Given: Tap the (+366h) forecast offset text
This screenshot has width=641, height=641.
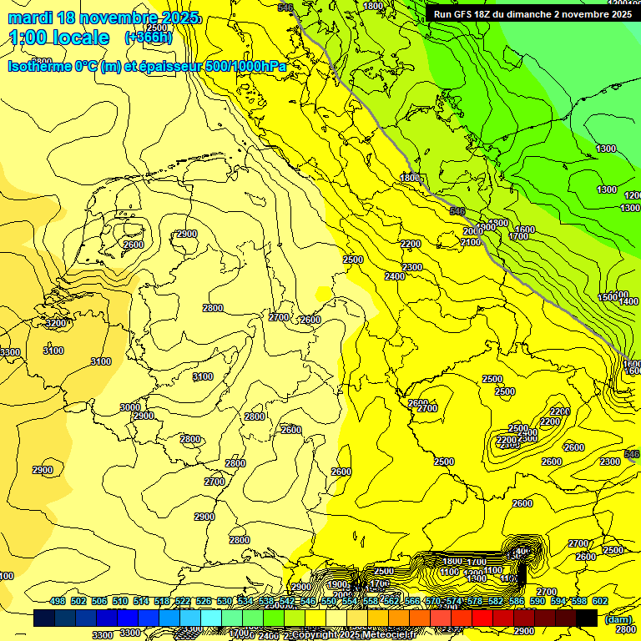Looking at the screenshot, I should (149, 38).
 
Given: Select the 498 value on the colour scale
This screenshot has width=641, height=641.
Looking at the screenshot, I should (58, 601).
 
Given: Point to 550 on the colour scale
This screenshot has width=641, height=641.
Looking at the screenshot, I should (328, 601).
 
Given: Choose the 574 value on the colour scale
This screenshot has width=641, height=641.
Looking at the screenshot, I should (453, 601).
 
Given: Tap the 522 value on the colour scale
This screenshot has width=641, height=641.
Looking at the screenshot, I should (183, 601).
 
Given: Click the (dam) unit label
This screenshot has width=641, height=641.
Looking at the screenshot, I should (617, 619).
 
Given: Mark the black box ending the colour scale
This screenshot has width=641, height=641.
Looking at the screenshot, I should (587, 618).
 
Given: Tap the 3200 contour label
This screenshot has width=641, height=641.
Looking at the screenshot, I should (55, 323).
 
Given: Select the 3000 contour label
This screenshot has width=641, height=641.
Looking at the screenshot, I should (129, 407).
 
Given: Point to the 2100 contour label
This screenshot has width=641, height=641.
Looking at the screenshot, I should (470, 242).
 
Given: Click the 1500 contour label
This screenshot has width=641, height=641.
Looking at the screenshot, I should (608, 297).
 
